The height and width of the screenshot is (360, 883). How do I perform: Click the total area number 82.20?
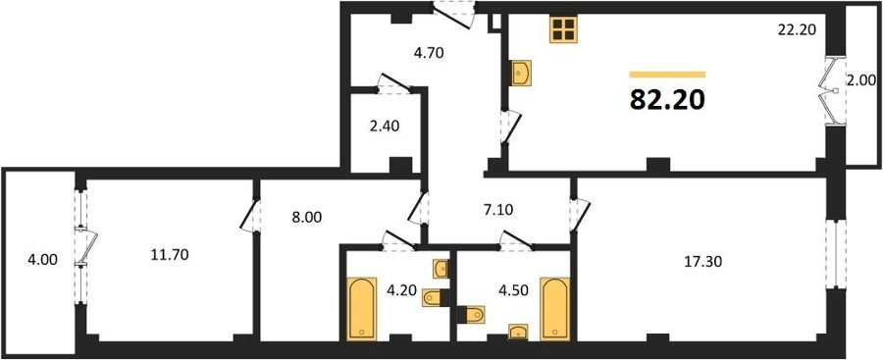[667, 100]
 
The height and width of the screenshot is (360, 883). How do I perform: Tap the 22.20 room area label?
[797, 30]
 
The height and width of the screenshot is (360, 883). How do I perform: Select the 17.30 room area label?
[701, 261]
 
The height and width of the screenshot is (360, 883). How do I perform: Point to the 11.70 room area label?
[170, 255]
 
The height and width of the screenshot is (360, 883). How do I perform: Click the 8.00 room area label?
[306, 218]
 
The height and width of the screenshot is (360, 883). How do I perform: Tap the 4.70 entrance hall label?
[429, 54]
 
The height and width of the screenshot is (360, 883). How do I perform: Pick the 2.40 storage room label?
[384, 127]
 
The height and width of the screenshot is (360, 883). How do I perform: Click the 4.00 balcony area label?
[42, 260]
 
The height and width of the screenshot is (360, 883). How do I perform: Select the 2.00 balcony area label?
[861, 96]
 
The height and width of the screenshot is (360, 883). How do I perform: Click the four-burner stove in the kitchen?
[564, 28]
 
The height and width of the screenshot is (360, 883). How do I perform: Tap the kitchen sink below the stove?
[521, 73]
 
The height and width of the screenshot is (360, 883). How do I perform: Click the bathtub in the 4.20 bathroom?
[361, 309]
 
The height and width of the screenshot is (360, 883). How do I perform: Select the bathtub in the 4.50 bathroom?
[554, 309]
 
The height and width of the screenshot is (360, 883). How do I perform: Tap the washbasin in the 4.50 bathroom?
[518, 333]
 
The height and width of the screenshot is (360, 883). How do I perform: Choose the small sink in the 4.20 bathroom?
[441, 269]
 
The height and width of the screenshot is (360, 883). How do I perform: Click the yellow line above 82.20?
[667, 75]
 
